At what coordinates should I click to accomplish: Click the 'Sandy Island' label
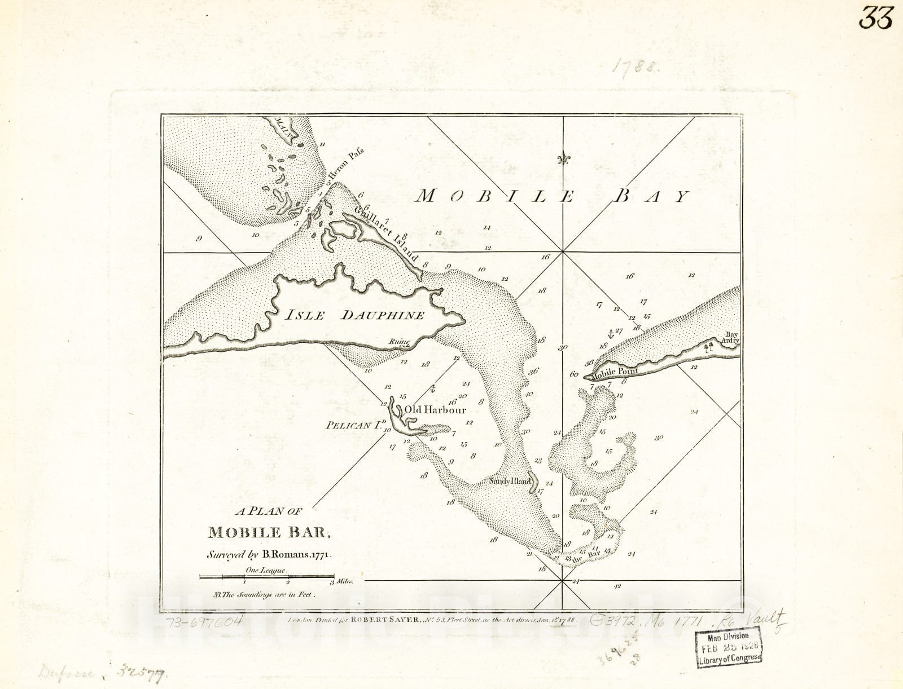pyautogui.click(x=510, y=482)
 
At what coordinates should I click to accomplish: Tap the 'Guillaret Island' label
pyautogui.click(x=387, y=233)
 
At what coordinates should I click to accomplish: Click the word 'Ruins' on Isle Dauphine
pyautogui.click(x=399, y=342)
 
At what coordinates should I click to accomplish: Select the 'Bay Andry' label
pyautogui.click(x=731, y=338)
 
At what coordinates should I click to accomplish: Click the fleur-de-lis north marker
pyautogui.click(x=563, y=160)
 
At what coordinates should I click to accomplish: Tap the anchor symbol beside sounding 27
pyautogui.click(x=610, y=332)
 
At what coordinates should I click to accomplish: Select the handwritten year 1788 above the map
pyautogui.click(x=635, y=67)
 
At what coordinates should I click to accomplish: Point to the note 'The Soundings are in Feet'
pyautogui.click(x=262, y=594)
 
